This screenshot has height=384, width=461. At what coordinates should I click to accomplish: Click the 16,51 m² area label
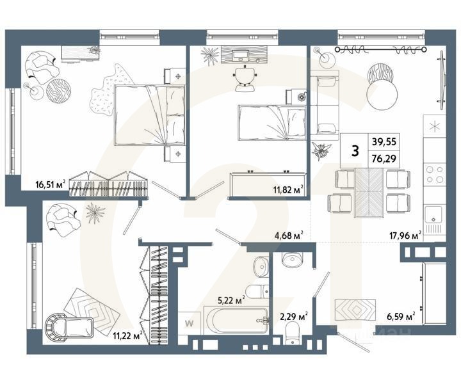(x=52, y=186)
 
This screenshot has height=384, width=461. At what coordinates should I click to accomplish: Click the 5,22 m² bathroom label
(x=232, y=299)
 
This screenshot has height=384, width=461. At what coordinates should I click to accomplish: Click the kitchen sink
(x=435, y=216)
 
